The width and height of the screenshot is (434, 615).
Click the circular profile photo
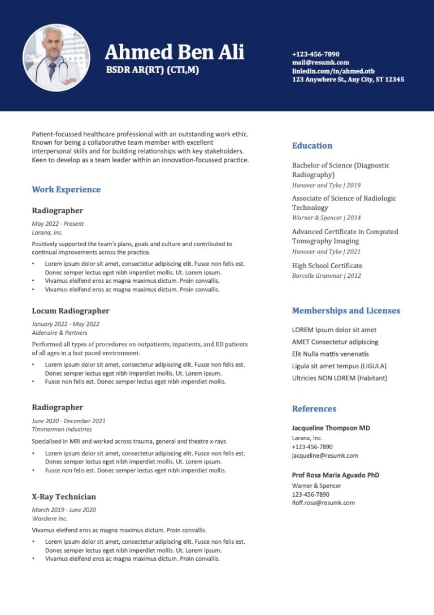[x=56, y=58]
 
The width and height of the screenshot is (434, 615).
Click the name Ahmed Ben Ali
[x=174, y=53]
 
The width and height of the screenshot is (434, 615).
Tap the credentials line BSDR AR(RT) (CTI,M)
[x=153, y=70]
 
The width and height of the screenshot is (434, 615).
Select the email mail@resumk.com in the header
[x=320, y=62]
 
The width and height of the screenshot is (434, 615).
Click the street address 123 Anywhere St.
[x=348, y=80]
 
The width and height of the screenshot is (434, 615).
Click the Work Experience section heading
[x=66, y=190]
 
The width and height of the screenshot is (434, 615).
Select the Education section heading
[x=312, y=145]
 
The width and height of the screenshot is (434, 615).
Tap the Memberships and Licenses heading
[x=345, y=311]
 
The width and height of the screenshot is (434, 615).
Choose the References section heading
[x=314, y=408]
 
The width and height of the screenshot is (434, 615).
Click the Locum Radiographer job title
[x=71, y=311]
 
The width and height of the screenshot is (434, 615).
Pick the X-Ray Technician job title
[x=64, y=497]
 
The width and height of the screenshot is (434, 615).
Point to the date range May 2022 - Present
[x=58, y=223]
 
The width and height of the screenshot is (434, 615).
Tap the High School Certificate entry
[x=327, y=265]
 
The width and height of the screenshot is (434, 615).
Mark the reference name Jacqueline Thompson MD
[x=331, y=428]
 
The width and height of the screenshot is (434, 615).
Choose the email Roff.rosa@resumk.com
[x=323, y=502]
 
